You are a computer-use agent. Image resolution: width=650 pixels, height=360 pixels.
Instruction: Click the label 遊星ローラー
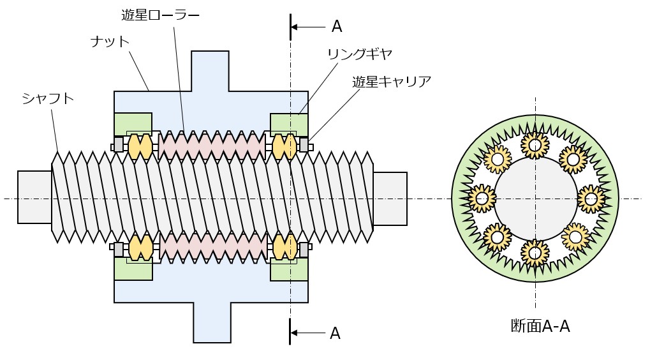pyautogui.click(x=160, y=13)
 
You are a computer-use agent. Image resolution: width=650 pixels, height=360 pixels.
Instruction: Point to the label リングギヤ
pyautogui.click(x=359, y=54)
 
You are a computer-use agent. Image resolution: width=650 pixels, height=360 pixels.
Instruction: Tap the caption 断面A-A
pyautogui.click(x=540, y=326)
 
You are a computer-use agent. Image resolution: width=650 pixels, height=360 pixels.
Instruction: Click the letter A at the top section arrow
pyautogui.click(x=337, y=26)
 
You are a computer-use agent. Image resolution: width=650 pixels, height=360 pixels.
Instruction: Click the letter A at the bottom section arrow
pyautogui.click(x=335, y=333)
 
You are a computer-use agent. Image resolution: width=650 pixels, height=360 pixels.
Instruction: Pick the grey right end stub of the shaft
pyautogui.click(x=389, y=198)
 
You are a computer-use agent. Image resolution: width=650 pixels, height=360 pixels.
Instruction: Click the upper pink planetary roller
pyautogui.click(x=212, y=146)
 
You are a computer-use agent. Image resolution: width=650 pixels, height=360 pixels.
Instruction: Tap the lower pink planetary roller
pyautogui.click(x=212, y=248)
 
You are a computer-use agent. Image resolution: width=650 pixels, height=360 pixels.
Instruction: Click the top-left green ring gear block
pyautogui.click(x=133, y=123)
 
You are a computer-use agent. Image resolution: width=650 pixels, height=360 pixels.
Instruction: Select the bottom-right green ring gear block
pyautogui.click(x=289, y=269)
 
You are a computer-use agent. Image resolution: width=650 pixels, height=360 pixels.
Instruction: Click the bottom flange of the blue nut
pyautogui.click(x=211, y=322)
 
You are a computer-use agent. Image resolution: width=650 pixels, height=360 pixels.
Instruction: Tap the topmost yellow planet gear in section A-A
pyautogui.click(x=535, y=145)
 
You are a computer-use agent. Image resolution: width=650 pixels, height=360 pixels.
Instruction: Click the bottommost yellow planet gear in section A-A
pyautogui.click(x=535, y=253)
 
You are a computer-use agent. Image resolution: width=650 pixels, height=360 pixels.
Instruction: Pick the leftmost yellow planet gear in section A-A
pyautogui.click(x=482, y=199)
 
